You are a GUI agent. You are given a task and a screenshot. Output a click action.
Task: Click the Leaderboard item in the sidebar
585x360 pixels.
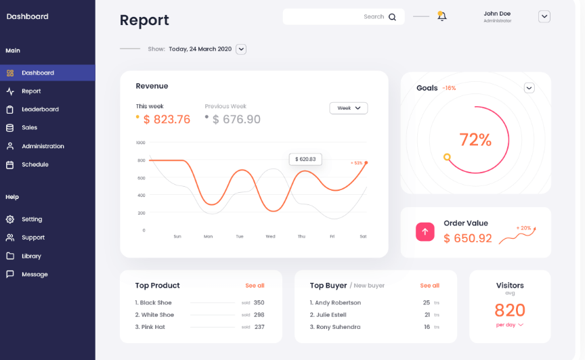coord(40,109)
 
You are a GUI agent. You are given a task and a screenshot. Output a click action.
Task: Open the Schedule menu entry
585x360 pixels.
coord(35,164)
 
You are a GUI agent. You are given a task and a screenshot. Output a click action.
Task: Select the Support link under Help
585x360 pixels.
coord(32,238)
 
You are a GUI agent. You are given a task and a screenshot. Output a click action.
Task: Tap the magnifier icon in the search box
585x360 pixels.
coord(392,17)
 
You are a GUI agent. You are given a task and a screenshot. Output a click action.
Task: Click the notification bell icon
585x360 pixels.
coord(442,16)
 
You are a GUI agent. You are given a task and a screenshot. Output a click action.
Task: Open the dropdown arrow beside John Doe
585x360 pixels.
coord(544,16)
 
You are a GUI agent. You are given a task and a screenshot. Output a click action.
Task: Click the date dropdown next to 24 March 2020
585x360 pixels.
coord(241,49)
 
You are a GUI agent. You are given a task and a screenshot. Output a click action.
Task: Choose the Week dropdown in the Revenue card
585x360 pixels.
coord(348,108)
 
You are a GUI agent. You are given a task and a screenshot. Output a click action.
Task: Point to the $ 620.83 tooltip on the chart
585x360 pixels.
coord(305,159)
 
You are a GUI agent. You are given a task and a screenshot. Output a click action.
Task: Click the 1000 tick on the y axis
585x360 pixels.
coord(140,143)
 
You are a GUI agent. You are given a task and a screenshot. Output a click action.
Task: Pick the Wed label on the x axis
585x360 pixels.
coord(270,236)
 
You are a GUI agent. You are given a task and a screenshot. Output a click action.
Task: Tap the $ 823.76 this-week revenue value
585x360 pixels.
coord(167,119)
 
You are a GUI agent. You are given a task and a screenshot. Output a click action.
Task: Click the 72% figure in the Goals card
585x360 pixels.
coord(475,139)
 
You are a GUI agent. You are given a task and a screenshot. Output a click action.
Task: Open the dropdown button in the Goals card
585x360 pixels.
coord(529,88)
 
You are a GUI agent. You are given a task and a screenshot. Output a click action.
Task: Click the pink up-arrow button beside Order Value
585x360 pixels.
coord(425,231)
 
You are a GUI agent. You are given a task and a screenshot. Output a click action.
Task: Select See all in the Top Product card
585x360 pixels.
coord(255,286)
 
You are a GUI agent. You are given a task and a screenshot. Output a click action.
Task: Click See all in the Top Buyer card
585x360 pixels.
coord(429,286)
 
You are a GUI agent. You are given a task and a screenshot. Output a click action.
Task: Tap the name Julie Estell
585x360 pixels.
coord(330,315)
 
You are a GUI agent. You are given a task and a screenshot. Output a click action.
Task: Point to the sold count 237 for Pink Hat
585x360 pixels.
coord(259,327)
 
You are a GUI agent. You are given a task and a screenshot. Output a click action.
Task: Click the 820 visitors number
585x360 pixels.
coord(510,310)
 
